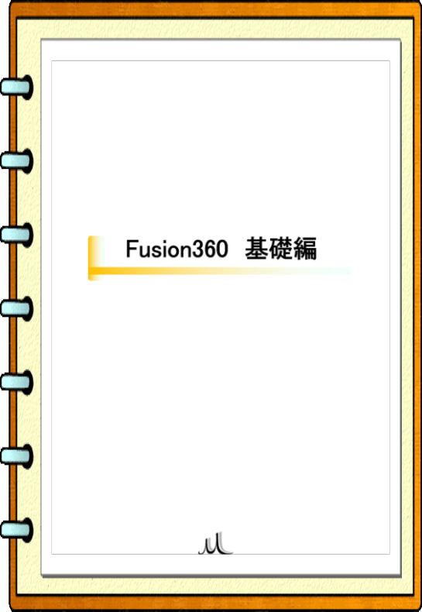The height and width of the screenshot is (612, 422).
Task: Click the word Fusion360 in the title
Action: click(x=177, y=249)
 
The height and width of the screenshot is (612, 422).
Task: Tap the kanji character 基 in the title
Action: click(x=256, y=248)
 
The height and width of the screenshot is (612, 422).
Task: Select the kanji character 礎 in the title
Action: click(x=281, y=248)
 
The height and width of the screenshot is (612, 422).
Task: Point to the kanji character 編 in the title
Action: click(x=305, y=248)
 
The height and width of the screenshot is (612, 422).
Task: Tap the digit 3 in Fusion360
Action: click(x=199, y=249)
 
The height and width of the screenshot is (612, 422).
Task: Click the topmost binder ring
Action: click(x=16, y=87)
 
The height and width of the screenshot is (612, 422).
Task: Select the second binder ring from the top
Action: click(x=16, y=161)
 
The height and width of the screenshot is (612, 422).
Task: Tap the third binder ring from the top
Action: click(x=16, y=235)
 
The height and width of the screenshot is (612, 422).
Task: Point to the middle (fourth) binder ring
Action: click(x=16, y=308)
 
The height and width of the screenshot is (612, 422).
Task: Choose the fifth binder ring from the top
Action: click(x=16, y=382)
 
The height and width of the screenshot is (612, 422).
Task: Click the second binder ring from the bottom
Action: click(x=16, y=456)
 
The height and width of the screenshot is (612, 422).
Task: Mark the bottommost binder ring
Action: click(x=16, y=530)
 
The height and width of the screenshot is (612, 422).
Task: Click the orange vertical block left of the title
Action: click(x=94, y=258)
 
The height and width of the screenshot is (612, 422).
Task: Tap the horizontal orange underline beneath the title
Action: click(x=220, y=270)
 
